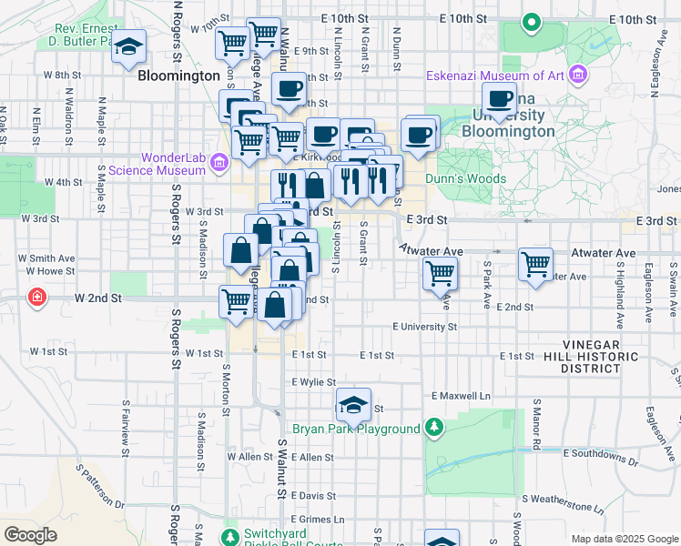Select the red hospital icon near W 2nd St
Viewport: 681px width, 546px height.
[x=36, y=298]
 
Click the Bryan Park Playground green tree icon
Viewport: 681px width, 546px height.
[x=435, y=428]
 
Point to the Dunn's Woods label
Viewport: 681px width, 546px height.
[x=459, y=179]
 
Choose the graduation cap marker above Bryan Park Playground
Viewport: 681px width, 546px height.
[x=353, y=402]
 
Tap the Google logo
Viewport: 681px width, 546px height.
[x=30, y=535]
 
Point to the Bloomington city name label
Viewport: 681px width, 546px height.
[x=179, y=76]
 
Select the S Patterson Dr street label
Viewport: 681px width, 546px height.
[x=101, y=487]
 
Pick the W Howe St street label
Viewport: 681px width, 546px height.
[x=50, y=271]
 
